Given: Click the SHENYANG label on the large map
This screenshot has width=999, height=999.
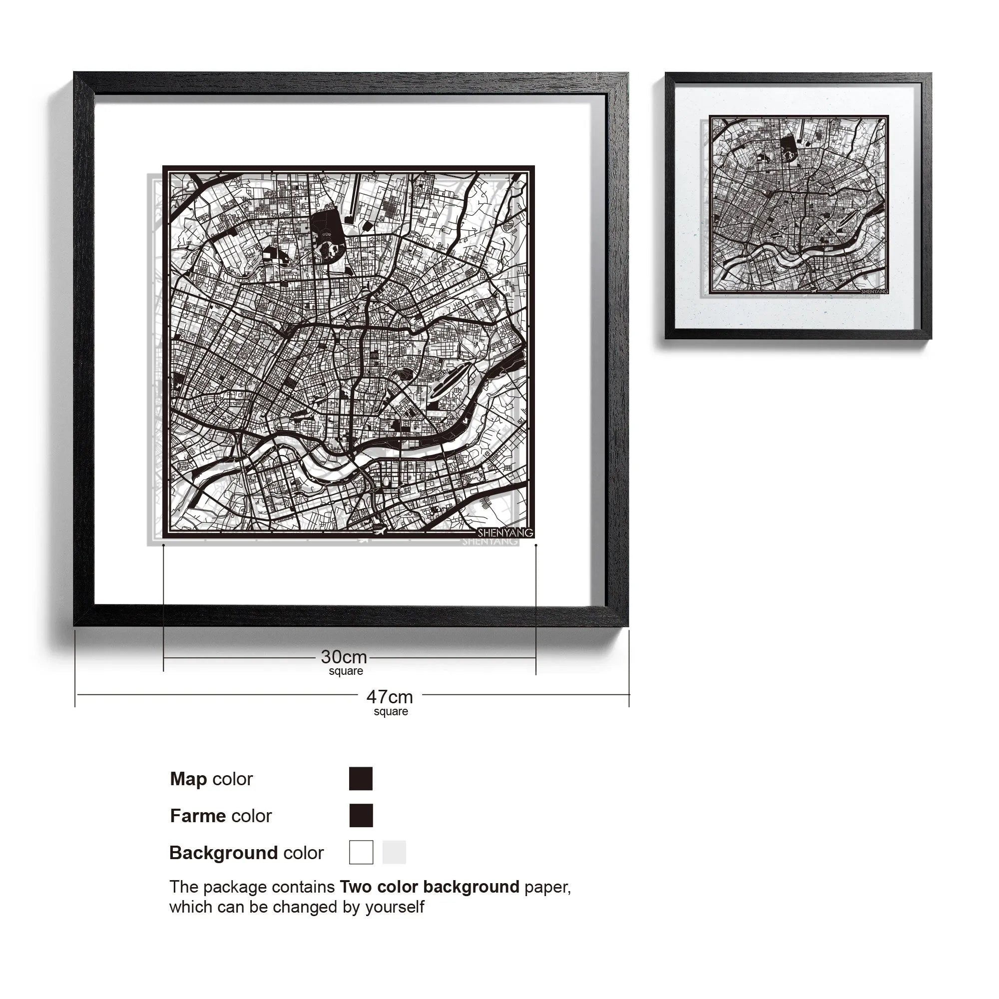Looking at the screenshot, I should [504, 532].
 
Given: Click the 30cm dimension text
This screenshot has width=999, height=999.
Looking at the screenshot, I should [344, 657].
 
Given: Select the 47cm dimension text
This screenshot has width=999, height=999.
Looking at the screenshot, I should [390, 697].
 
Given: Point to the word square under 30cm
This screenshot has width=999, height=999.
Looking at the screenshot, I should [346, 671].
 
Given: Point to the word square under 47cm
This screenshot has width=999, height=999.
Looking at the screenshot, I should [391, 711].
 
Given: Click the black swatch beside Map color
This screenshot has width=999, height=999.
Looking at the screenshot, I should [361, 779].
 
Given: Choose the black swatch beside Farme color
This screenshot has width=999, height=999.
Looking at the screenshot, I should [361, 816].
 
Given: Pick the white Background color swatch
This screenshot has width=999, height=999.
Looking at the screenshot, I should [361, 852].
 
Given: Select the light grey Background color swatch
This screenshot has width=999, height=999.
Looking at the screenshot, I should [394, 852].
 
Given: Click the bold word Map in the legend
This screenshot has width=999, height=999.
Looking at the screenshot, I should [188, 779].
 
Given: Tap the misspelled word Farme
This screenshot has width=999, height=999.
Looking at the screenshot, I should [198, 816].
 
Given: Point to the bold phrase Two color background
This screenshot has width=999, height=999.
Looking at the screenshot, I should [429, 887].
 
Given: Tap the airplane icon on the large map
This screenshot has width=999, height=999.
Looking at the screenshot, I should [379, 530].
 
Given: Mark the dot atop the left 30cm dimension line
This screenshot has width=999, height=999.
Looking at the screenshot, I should [163, 545].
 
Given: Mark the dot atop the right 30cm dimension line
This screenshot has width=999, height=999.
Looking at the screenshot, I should [535, 545].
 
